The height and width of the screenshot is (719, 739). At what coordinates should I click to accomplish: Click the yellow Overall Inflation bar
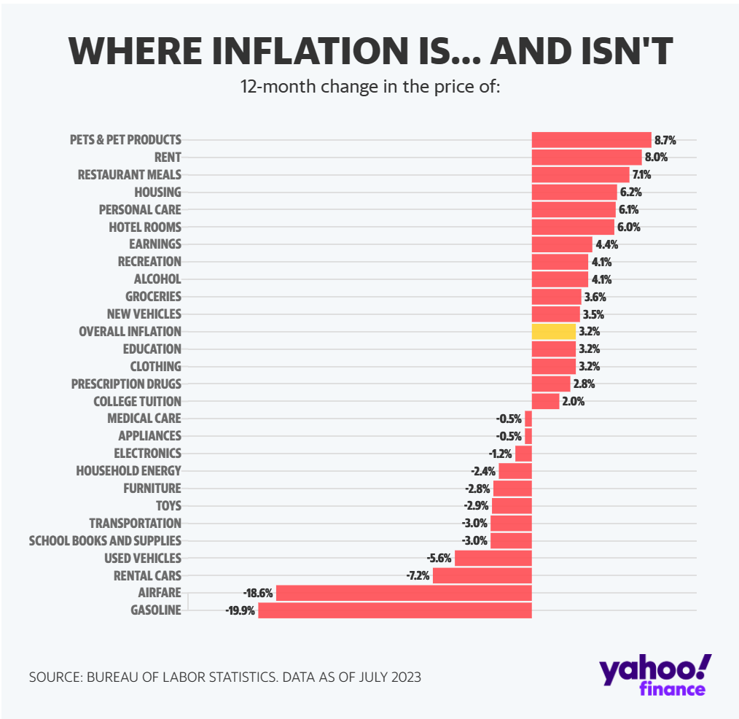click(x=553, y=331)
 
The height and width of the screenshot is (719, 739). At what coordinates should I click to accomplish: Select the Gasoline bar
click(x=395, y=610)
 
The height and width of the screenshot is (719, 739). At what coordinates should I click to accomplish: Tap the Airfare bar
click(x=404, y=593)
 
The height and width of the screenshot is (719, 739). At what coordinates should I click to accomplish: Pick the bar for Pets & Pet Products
click(x=591, y=139)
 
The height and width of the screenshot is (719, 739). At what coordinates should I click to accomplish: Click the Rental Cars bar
click(x=482, y=575)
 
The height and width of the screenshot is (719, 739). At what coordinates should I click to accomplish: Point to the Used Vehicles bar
click(x=493, y=558)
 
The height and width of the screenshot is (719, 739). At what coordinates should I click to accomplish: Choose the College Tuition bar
click(x=545, y=401)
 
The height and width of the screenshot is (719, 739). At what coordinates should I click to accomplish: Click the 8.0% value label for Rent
click(x=656, y=158)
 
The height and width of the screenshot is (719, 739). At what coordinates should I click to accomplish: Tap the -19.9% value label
click(x=241, y=611)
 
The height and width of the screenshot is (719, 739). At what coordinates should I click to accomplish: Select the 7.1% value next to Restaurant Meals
click(x=642, y=175)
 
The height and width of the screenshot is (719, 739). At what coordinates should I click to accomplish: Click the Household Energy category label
click(x=128, y=470)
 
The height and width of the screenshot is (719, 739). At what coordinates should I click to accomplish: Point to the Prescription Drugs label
click(x=126, y=384)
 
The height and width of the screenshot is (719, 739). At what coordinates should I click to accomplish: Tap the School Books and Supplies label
click(x=105, y=540)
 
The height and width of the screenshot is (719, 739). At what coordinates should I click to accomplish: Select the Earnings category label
click(x=155, y=244)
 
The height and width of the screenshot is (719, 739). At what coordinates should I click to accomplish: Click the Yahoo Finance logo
click(x=654, y=675)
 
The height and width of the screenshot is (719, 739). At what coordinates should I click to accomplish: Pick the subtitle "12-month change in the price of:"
click(x=369, y=88)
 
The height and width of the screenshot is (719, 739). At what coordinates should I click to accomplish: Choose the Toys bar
click(x=512, y=505)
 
